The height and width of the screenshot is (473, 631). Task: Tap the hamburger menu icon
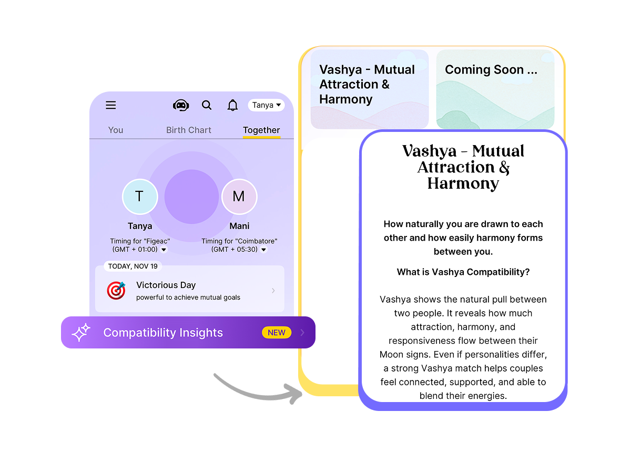pyautogui.click(x=110, y=105)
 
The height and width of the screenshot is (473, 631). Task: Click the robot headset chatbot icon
pyautogui.click(x=181, y=105)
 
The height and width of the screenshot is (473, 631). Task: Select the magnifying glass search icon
pyautogui.click(x=207, y=105)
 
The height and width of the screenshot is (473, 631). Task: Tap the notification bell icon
pyautogui.click(x=232, y=105)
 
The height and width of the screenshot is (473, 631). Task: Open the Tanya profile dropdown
pyautogui.click(x=266, y=105)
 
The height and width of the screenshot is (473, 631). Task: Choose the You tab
pyautogui.click(x=116, y=130)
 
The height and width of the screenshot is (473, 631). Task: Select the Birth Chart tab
pyautogui.click(x=189, y=130)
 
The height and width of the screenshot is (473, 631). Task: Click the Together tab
pyautogui.click(x=261, y=130)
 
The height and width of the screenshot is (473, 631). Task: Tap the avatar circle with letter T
pyautogui.click(x=140, y=197)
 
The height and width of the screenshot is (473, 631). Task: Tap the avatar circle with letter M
pyautogui.click(x=239, y=197)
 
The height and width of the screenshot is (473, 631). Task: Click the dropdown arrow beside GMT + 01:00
pyautogui.click(x=164, y=250)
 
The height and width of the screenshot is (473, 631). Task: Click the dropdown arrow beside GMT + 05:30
pyautogui.click(x=263, y=250)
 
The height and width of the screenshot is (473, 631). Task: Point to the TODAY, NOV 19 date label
pyautogui.click(x=133, y=266)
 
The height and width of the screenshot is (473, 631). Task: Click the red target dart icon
pyautogui.click(x=116, y=290)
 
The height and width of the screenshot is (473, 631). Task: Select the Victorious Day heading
pyautogui.click(x=166, y=285)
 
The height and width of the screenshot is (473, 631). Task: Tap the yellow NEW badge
pyautogui.click(x=277, y=333)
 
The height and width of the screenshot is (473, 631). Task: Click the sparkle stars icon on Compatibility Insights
pyautogui.click(x=81, y=332)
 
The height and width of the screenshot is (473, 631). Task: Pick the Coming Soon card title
pyautogui.click(x=491, y=70)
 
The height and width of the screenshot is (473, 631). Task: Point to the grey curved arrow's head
pyautogui.click(x=294, y=394)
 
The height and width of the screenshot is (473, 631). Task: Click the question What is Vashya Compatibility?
pyautogui.click(x=463, y=272)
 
